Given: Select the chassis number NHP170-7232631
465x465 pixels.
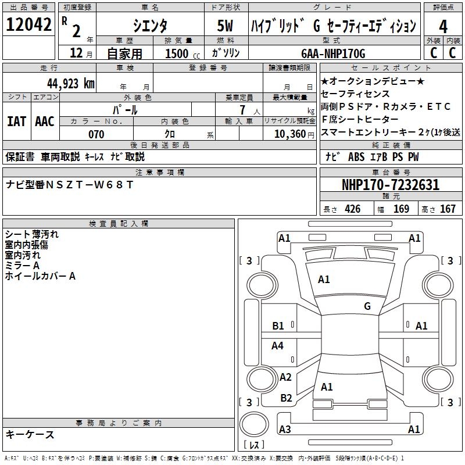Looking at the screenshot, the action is click(x=390, y=185).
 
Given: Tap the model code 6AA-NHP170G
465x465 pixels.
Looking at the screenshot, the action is click(x=333, y=53).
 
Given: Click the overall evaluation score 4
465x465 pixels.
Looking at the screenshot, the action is click(x=443, y=26).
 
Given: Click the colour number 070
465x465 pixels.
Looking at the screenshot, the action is click(x=96, y=134).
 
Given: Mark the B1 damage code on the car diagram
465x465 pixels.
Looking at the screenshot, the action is click(x=278, y=326).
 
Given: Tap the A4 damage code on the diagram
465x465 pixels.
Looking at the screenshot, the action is click(x=278, y=346).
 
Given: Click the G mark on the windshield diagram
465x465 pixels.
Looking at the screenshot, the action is click(x=367, y=306).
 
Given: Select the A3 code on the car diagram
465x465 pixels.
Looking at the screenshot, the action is click(x=285, y=430).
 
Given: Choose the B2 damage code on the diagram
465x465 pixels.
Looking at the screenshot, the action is click(x=286, y=398).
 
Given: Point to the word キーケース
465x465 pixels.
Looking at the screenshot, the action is click(x=30, y=434).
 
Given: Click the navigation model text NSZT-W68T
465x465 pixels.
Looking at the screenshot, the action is click(x=90, y=185).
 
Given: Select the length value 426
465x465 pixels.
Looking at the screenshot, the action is click(x=352, y=209).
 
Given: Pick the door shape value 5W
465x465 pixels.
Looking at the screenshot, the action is click(x=226, y=26).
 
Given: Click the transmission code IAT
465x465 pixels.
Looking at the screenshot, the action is click(x=16, y=121).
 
